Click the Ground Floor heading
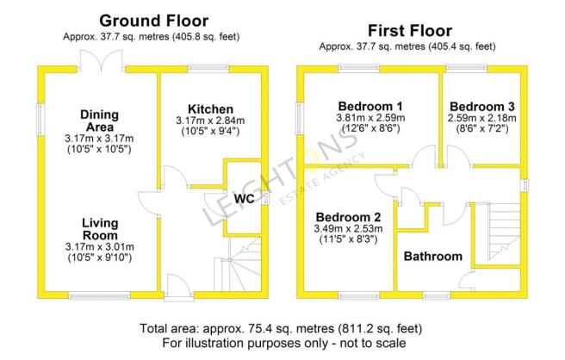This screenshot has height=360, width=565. (x=154, y=21)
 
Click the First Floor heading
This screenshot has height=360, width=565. (x=410, y=31)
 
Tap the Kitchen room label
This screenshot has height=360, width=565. (x=210, y=109)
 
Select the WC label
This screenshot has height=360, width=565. (x=244, y=199)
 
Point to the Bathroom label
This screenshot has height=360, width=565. (x=432, y=256)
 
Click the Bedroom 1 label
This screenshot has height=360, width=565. (x=370, y=106)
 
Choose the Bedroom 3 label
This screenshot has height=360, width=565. (x=481, y=107)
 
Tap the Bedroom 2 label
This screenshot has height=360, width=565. (x=348, y=217)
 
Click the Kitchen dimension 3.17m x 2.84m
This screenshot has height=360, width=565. (x=210, y=121)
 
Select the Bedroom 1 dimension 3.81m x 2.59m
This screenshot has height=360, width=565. (x=370, y=118)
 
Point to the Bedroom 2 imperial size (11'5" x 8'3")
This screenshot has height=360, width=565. (x=349, y=239)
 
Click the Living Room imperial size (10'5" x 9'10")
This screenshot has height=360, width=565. (x=100, y=258)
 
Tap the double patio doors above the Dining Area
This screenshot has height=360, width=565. (x=102, y=60)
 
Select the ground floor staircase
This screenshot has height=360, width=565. (x=238, y=264)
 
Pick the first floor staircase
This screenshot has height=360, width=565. (x=504, y=232)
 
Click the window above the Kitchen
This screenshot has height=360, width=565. (x=208, y=69)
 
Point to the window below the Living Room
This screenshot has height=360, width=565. (x=99, y=295)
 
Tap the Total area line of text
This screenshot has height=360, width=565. (x=281, y=329)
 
